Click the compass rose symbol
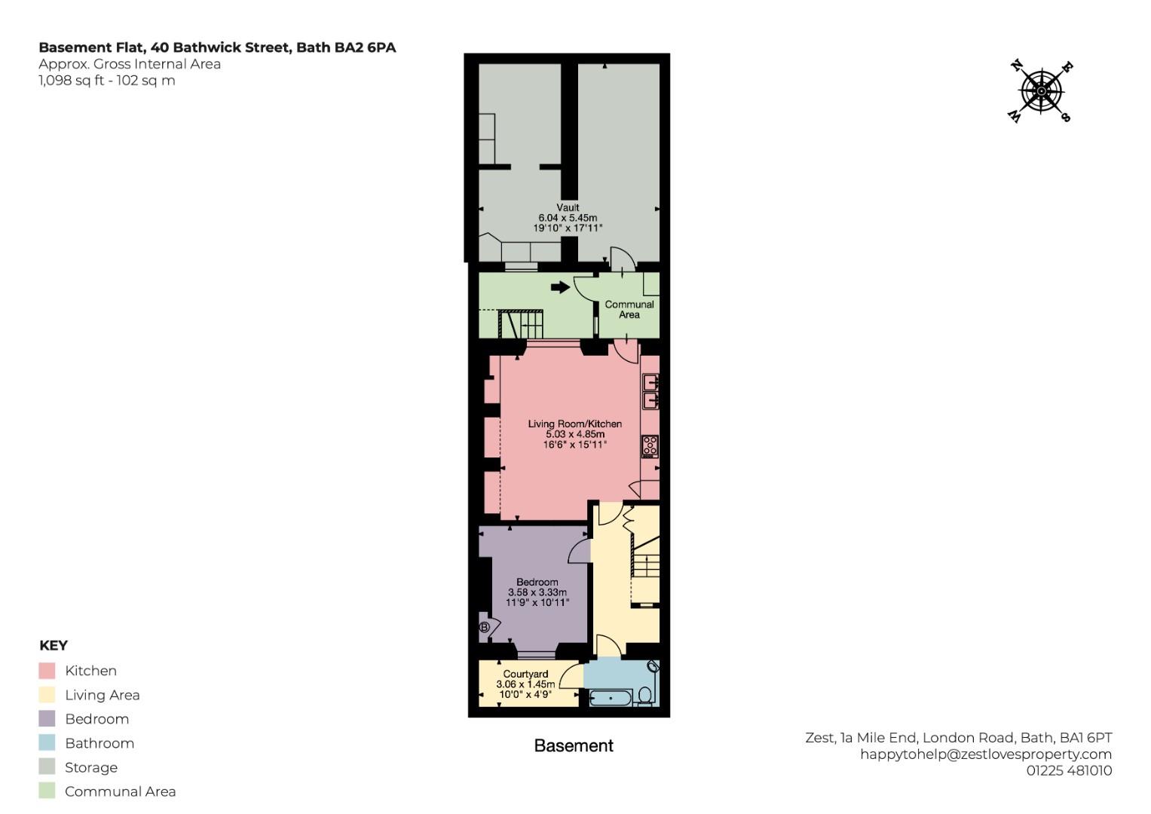pos(1041,92)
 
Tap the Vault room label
pos(568,207)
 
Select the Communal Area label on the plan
pos(629,309)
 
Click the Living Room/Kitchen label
pos(575,424)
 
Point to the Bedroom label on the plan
pos(537,582)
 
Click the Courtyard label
pos(525,674)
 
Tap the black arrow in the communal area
pos(561,287)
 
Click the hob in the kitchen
pos(650,446)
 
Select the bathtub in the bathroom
pos(611,699)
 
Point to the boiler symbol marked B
pos(484,627)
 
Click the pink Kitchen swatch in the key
pos(47,671)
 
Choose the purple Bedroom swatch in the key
pos(47,719)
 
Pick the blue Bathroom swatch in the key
pos(47,743)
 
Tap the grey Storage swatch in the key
pos(47,767)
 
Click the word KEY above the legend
pos(54,645)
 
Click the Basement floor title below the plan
pos(574,745)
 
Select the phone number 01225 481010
pos(1070,771)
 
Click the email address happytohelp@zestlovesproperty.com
pos(986,754)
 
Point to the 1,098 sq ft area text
pos(72,81)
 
